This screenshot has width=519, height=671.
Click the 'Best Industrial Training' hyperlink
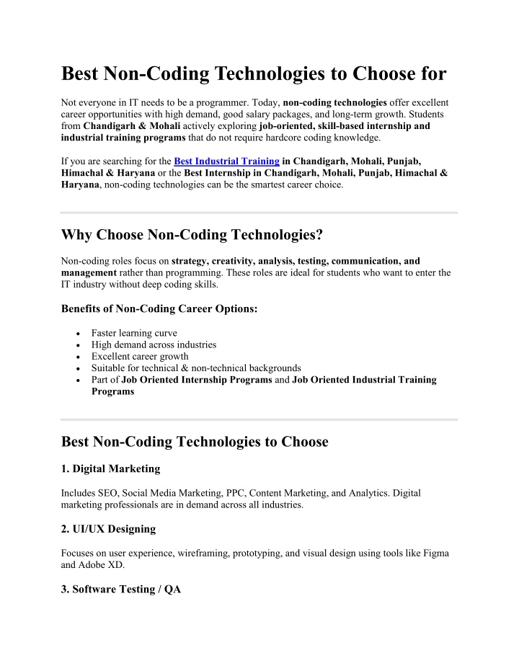tap(226, 161)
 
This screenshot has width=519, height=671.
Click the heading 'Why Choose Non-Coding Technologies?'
tap(203, 235)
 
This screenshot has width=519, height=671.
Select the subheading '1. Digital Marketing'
tap(111, 469)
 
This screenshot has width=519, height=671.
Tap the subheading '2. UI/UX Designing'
tap(109, 529)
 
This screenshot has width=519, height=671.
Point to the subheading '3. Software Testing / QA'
tap(122, 590)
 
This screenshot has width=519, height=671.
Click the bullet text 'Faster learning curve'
tap(134, 333)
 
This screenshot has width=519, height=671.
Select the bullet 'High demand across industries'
tap(154, 345)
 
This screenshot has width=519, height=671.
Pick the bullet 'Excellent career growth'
tap(140, 356)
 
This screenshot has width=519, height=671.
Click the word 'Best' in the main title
tap(80, 74)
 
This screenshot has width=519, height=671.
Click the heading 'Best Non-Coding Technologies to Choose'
tap(195, 442)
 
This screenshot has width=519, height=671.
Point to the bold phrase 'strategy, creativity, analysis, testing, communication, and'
tap(296, 261)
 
